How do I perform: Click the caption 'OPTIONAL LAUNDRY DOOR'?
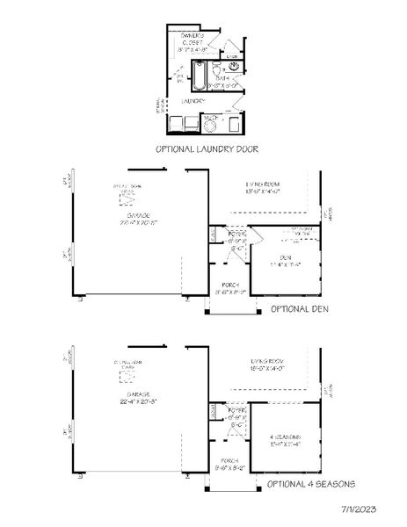tap(203, 149)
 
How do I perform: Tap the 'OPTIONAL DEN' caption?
tap(301, 309)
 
